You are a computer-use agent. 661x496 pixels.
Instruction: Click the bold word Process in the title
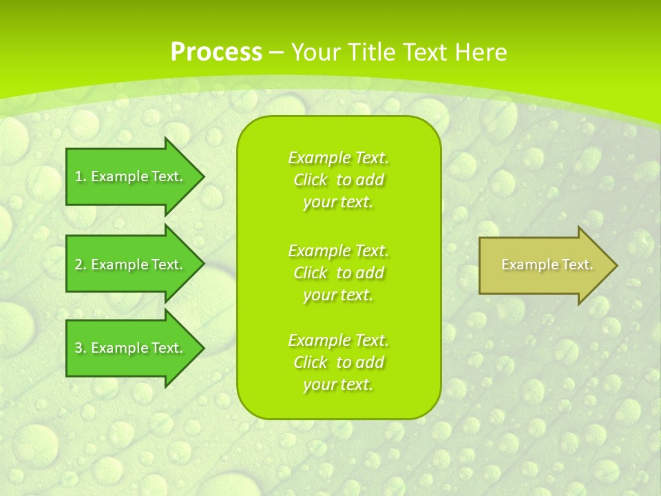point(216,52)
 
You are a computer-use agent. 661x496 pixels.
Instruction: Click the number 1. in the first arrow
point(81,176)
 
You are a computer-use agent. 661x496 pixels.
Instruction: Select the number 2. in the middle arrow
point(81,265)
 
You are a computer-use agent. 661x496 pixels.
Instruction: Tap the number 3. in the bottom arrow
point(81,348)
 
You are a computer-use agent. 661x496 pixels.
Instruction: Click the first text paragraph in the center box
point(338,180)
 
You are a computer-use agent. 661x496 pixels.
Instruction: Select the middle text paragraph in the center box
point(338,272)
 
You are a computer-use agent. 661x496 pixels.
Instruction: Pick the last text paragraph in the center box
point(338,362)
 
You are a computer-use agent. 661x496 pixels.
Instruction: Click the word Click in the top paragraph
point(311,180)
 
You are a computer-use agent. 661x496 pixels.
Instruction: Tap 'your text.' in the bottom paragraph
point(338,384)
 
